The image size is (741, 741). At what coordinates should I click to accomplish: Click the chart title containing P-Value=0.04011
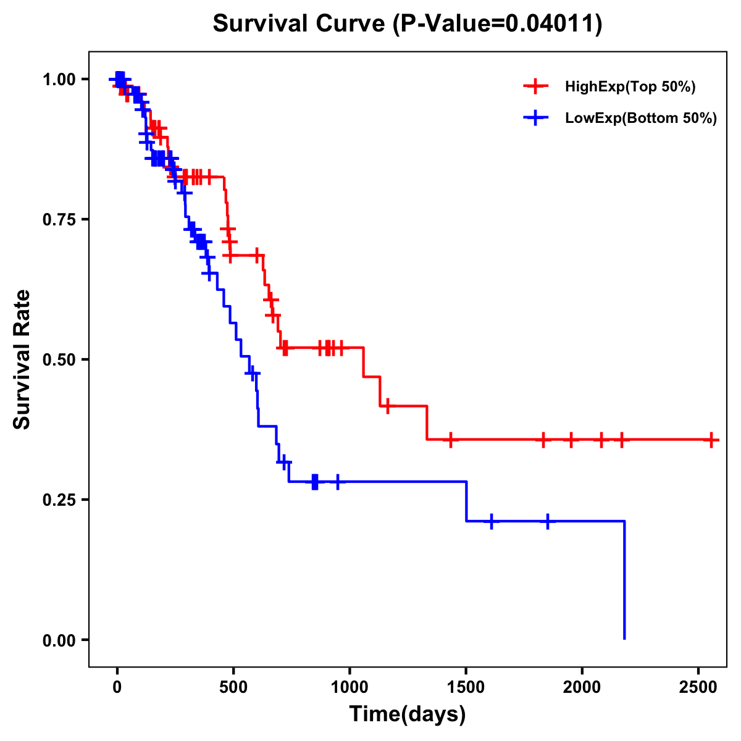407,24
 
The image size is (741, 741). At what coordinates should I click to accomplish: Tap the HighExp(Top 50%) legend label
630,87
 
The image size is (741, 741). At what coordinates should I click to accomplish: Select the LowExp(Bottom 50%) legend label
640,119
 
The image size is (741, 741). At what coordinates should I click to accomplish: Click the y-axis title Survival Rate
22,359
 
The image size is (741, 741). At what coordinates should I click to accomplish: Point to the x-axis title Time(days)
408,714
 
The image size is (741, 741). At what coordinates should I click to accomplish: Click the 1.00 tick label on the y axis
59,80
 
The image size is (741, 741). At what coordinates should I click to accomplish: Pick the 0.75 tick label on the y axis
59,219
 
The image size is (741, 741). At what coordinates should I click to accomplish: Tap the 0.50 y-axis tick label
59,359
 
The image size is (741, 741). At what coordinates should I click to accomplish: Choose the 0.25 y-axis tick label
59,500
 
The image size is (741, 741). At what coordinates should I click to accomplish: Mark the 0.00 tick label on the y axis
59,640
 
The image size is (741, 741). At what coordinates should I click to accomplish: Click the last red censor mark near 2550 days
711,440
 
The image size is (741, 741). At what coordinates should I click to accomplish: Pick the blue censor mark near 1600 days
492,521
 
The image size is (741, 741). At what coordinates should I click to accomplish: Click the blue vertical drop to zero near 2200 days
624,580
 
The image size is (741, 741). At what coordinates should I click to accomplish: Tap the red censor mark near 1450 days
451,440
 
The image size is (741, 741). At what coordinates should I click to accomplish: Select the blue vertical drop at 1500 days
466,501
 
